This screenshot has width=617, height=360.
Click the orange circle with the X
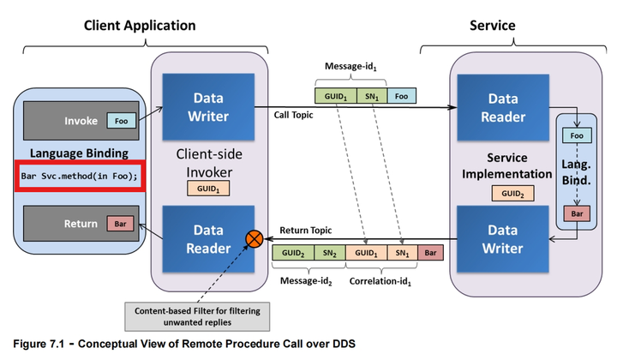point(255,239)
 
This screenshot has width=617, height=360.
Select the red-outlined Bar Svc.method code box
point(80,176)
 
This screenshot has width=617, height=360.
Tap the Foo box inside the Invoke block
point(121,121)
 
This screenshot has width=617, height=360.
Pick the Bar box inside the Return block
point(121,224)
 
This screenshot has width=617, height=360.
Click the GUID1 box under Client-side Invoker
point(208,189)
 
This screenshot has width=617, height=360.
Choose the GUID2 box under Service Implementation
point(512,193)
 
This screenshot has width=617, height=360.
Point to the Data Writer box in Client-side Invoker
point(208,107)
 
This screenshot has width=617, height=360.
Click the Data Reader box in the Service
point(503,107)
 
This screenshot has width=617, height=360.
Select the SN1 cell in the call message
point(372,96)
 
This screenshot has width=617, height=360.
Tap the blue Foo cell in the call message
point(401,96)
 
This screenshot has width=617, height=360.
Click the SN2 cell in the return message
point(330,253)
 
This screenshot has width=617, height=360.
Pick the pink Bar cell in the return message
point(430,253)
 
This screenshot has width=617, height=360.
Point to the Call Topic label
point(294,115)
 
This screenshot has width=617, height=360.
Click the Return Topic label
point(306,231)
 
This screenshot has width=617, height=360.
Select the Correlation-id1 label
point(380,281)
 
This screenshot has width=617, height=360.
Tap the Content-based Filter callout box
point(197,316)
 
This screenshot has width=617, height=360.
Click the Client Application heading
point(140,26)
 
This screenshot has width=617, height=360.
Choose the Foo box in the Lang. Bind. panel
point(577,135)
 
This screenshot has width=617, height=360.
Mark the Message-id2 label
point(306,281)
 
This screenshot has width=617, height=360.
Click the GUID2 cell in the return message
point(293,253)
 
